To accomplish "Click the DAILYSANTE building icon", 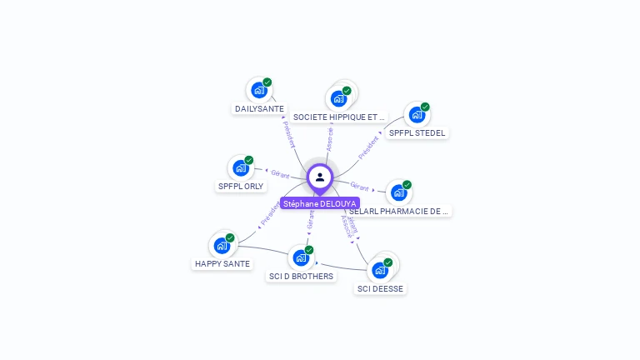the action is [x=258, y=90].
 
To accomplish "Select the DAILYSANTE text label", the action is [x=259, y=109].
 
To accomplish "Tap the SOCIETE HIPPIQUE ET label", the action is [x=339, y=117].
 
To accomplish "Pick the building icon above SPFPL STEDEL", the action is [x=416, y=115].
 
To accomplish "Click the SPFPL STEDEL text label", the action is [x=417, y=133].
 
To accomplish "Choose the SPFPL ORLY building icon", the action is [x=241, y=167].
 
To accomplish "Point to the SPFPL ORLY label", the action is [x=241, y=187].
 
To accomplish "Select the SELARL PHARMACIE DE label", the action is [x=400, y=212].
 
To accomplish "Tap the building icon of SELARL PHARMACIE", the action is [x=399, y=192].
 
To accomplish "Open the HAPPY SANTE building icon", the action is [x=222, y=245].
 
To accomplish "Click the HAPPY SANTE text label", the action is [x=222, y=264].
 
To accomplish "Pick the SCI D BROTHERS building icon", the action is [x=301, y=257].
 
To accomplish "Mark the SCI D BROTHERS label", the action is [x=301, y=277].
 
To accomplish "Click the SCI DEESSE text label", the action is [x=380, y=289].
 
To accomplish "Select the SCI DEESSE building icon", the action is [x=380, y=270].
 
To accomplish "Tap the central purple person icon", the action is [x=320, y=177].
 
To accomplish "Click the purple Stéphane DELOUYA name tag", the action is [x=320, y=203].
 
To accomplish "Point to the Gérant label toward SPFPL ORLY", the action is [x=279, y=174].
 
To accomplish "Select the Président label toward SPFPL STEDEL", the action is [x=367, y=147].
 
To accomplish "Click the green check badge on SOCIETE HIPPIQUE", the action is [x=347, y=91].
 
